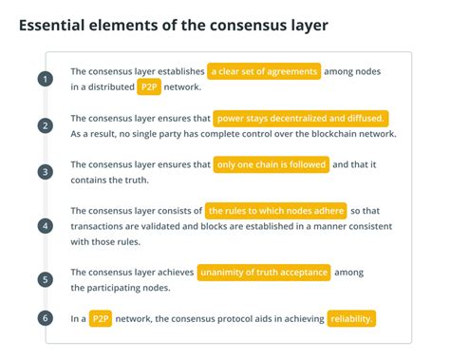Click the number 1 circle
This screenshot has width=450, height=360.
tap(45, 79)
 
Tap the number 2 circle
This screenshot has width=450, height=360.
tap(45, 125)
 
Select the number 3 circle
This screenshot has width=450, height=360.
tap(45, 172)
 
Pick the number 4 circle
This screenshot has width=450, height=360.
tap(45, 226)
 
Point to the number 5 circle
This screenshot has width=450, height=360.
tap(45, 280)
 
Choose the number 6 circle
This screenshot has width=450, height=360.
tap(45, 318)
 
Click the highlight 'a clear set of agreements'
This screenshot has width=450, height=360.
tap(265, 71)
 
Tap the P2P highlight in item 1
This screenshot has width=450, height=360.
tap(149, 87)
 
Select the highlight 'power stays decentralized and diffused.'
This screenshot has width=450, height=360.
tap(301, 118)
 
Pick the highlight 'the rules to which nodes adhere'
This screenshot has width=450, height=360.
tap(275, 211)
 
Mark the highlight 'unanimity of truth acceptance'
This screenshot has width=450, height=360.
tap(264, 273)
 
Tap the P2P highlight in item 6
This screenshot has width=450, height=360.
tap(102, 319)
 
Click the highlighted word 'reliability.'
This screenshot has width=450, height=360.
tap(352, 319)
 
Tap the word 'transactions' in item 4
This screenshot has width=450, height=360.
tap(102, 226)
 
